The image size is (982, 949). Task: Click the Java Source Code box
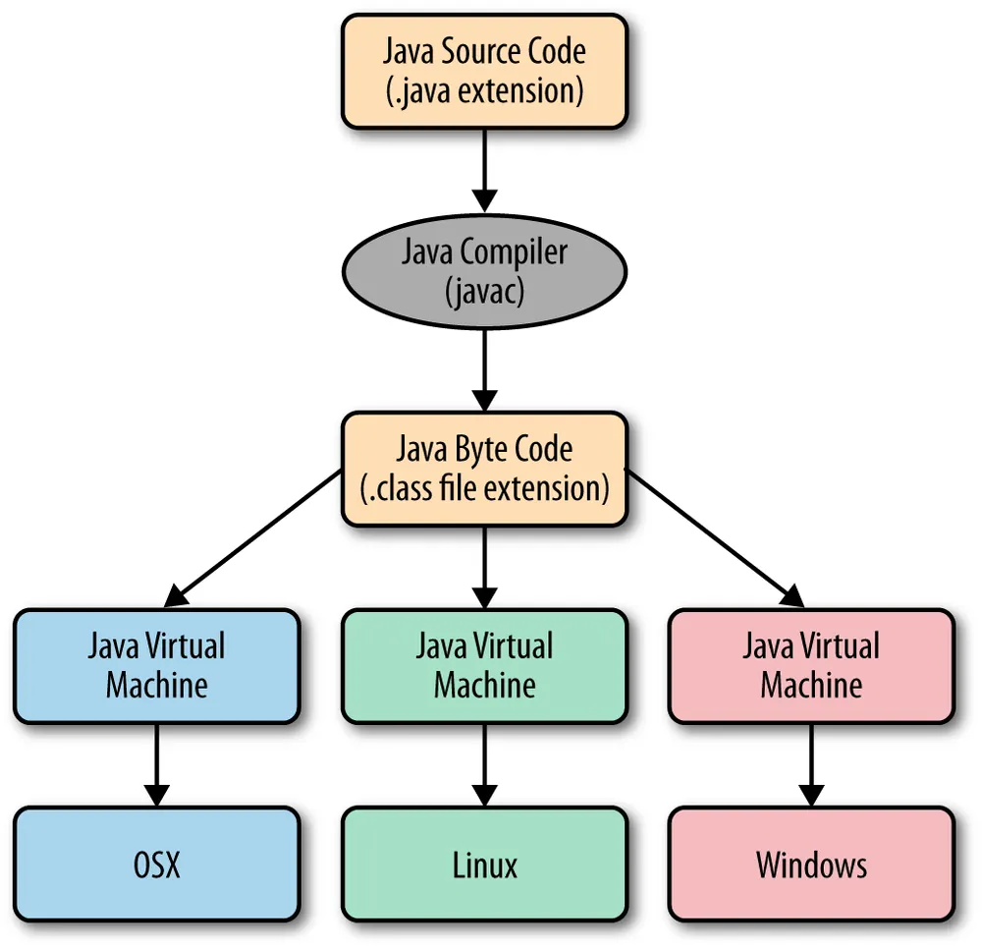coord(484,71)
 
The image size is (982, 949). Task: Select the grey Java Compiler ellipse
coord(484,270)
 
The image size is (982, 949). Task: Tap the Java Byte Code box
coord(484,468)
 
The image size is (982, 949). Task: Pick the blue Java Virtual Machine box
coord(156,666)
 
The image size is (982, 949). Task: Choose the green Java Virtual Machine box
coord(484,666)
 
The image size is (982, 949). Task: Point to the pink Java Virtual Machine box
coord(810,666)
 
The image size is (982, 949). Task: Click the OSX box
coord(156,865)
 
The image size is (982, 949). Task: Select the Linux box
coord(484,865)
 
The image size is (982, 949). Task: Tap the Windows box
coord(810,865)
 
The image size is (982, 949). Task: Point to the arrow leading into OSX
coord(156,765)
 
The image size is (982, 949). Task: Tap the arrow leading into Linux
coord(484,765)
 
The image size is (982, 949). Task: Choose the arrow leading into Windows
coord(810,765)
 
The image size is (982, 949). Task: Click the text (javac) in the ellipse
coord(484,290)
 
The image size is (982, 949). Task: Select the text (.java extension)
coord(484,90)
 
